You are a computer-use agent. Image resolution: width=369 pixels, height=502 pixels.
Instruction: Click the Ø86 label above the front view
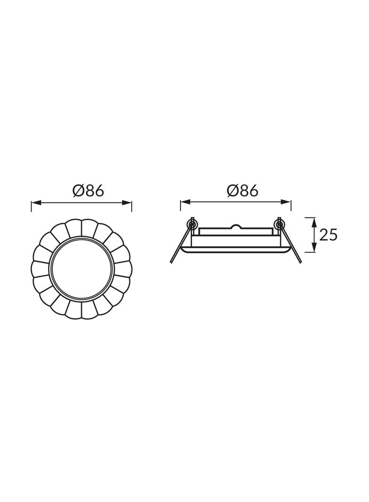(88, 191)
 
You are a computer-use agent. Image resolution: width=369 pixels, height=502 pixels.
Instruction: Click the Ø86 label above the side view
(242, 191)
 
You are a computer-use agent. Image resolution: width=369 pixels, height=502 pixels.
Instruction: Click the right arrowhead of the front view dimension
(127, 202)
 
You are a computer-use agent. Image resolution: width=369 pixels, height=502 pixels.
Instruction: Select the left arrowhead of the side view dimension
(185, 202)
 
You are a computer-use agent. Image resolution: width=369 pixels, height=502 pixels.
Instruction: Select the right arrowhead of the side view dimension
(286, 202)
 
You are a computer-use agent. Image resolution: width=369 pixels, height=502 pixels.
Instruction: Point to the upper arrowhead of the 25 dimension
(314, 222)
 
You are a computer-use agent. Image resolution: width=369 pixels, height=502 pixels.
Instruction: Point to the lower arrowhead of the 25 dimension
(314, 247)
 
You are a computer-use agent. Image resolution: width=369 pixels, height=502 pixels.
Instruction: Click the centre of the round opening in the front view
(81, 268)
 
